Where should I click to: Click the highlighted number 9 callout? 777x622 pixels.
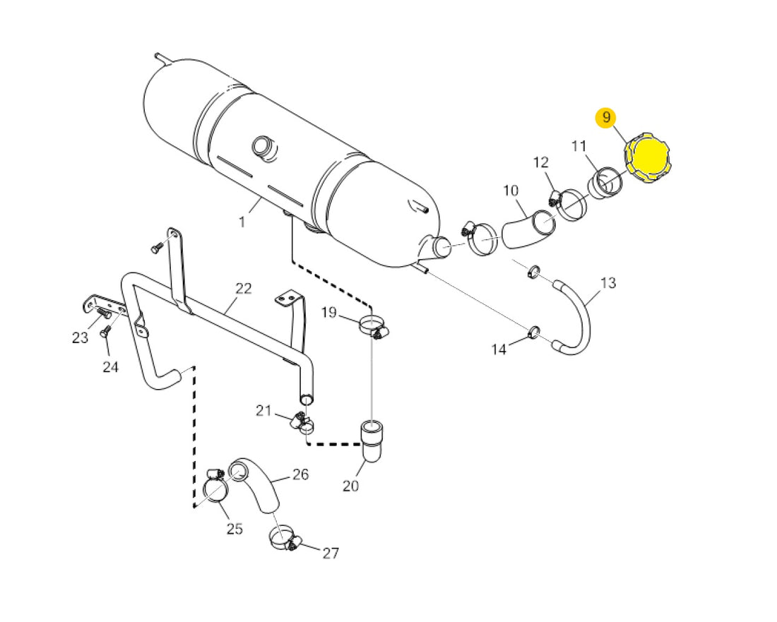(x=606, y=118)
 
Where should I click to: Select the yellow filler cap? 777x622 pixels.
(x=646, y=157)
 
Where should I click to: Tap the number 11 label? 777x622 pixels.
(x=579, y=146)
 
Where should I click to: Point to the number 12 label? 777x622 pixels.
(x=541, y=162)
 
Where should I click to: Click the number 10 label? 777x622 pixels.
(x=511, y=190)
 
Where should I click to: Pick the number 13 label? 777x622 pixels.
(x=608, y=283)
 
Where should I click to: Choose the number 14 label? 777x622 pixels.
(x=499, y=349)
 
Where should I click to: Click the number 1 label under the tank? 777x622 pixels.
(x=242, y=222)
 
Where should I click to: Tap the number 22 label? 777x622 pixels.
(x=243, y=288)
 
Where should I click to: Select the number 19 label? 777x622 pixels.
(x=328, y=312)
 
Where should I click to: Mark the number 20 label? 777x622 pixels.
(x=350, y=486)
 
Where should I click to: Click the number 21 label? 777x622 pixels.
(x=264, y=410)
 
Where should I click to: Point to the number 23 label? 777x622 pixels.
(x=80, y=337)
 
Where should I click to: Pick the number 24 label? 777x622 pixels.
(x=110, y=367)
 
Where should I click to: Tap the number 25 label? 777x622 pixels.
(x=235, y=528)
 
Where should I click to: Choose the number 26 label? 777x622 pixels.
(x=300, y=474)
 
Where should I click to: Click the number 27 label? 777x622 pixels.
(x=331, y=554)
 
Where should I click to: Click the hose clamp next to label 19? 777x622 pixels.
(x=373, y=327)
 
